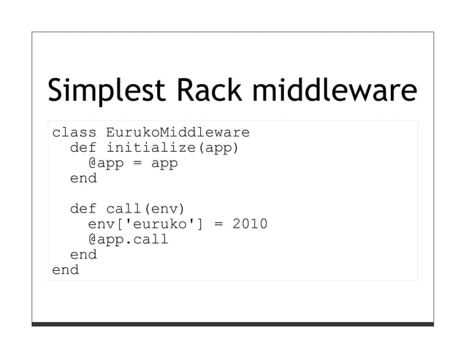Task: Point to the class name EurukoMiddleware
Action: [x=177, y=133]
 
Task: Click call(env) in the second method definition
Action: [x=146, y=208]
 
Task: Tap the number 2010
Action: [x=250, y=223]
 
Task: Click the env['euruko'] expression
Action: [x=146, y=223]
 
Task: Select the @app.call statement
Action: [x=128, y=239]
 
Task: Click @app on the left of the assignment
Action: [x=106, y=164]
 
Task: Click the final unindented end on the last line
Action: [x=65, y=269]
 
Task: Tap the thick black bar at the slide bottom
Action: [x=232, y=323]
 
